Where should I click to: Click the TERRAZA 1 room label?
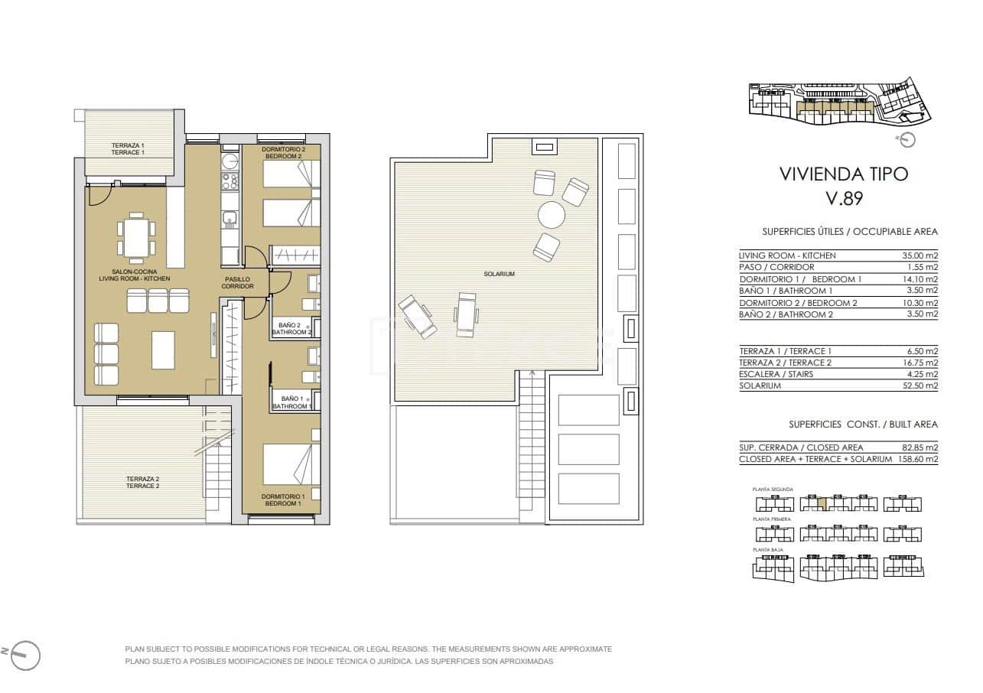[x=128, y=148]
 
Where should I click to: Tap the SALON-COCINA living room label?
[x=135, y=275]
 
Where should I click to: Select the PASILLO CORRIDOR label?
[x=237, y=282]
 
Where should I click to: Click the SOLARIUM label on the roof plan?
[x=499, y=274]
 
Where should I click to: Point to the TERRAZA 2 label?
[x=142, y=482]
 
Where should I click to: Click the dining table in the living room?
[x=136, y=238]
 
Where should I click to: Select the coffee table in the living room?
[x=164, y=349]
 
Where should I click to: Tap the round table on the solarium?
[x=552, y=215]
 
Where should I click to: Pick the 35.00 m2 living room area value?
[x=920, y=255]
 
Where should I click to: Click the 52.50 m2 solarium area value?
[x=920, y=386]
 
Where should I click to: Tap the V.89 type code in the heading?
[x=844, y=199]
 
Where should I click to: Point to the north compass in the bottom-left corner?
[x=24, y=654]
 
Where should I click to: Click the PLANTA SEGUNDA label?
[x=773, y=489]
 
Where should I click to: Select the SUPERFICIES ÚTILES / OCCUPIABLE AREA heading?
[x=850, y=232]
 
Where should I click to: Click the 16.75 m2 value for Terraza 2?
[x=920, y=363]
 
